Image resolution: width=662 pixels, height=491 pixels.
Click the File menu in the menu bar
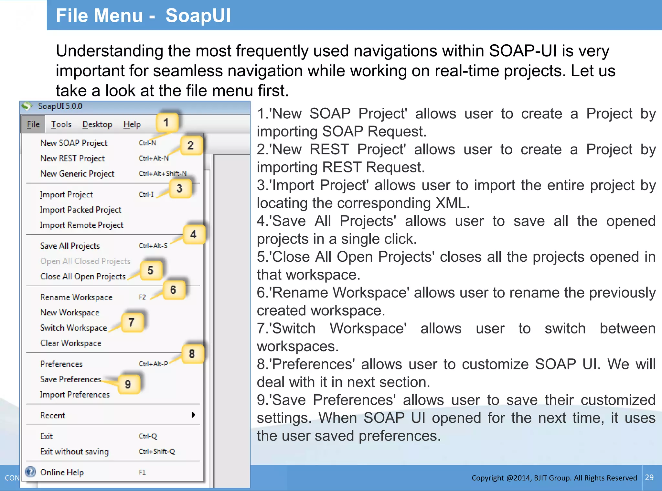point(33,125)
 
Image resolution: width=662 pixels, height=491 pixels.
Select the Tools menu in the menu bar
point(61,125)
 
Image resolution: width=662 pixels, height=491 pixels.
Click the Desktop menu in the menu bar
point(97,125)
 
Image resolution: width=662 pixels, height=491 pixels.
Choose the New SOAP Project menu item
point(74,143)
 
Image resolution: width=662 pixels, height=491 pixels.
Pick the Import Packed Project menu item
point(80,210)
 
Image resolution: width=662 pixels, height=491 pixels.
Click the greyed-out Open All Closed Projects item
point(85,261)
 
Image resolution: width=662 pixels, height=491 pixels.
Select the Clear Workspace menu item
point(71,343)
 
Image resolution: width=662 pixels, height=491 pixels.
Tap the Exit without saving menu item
point(74,452)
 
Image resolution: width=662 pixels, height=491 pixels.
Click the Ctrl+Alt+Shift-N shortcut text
point(163,174)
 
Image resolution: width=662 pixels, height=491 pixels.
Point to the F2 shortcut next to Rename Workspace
point(142,297)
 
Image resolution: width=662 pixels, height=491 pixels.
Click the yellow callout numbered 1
point(166,123)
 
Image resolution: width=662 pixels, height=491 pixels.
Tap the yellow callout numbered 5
point(150,270)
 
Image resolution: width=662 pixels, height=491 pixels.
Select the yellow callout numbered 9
point(128,384)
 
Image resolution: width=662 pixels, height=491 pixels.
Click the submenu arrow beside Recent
point(193,415)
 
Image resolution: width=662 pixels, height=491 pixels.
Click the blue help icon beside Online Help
point(30,472)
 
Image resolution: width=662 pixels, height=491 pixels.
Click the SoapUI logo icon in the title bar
point(27,106)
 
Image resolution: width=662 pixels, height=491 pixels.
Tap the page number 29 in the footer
point(649,477)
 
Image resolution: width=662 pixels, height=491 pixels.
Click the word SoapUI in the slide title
point(198,16)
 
